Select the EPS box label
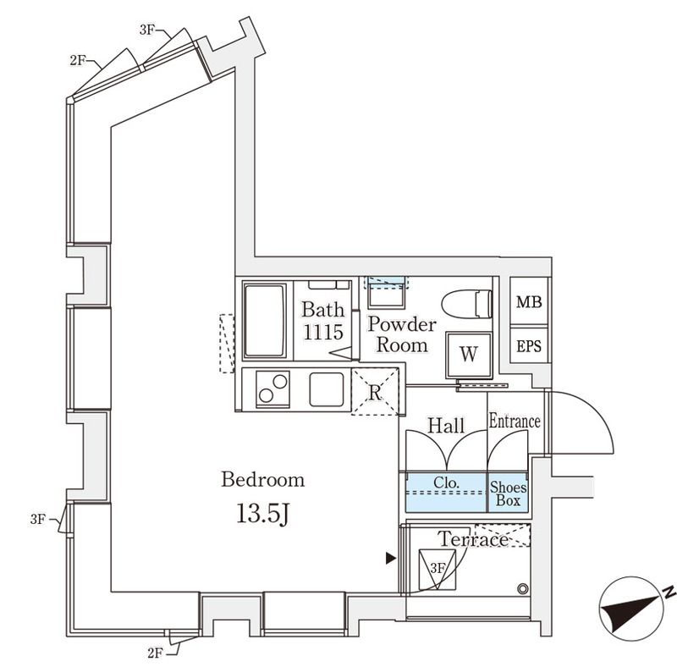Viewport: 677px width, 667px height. tap(530, 347)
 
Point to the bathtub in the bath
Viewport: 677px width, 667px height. tap(264, 321)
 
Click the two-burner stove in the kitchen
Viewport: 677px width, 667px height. tap(272, 390)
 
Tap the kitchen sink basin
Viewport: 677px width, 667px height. tap(326, 389)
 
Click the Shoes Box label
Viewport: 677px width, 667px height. tap(509, 494)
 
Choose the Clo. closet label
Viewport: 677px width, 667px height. tap(446, 483)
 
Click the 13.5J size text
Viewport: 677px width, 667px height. tap(262, 515)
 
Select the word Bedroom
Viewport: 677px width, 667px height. tap(262, 481)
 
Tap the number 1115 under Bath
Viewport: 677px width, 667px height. tap(323, 333)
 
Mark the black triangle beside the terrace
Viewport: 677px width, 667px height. tap(390, 559)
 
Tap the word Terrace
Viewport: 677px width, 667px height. tap(473, 539)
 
